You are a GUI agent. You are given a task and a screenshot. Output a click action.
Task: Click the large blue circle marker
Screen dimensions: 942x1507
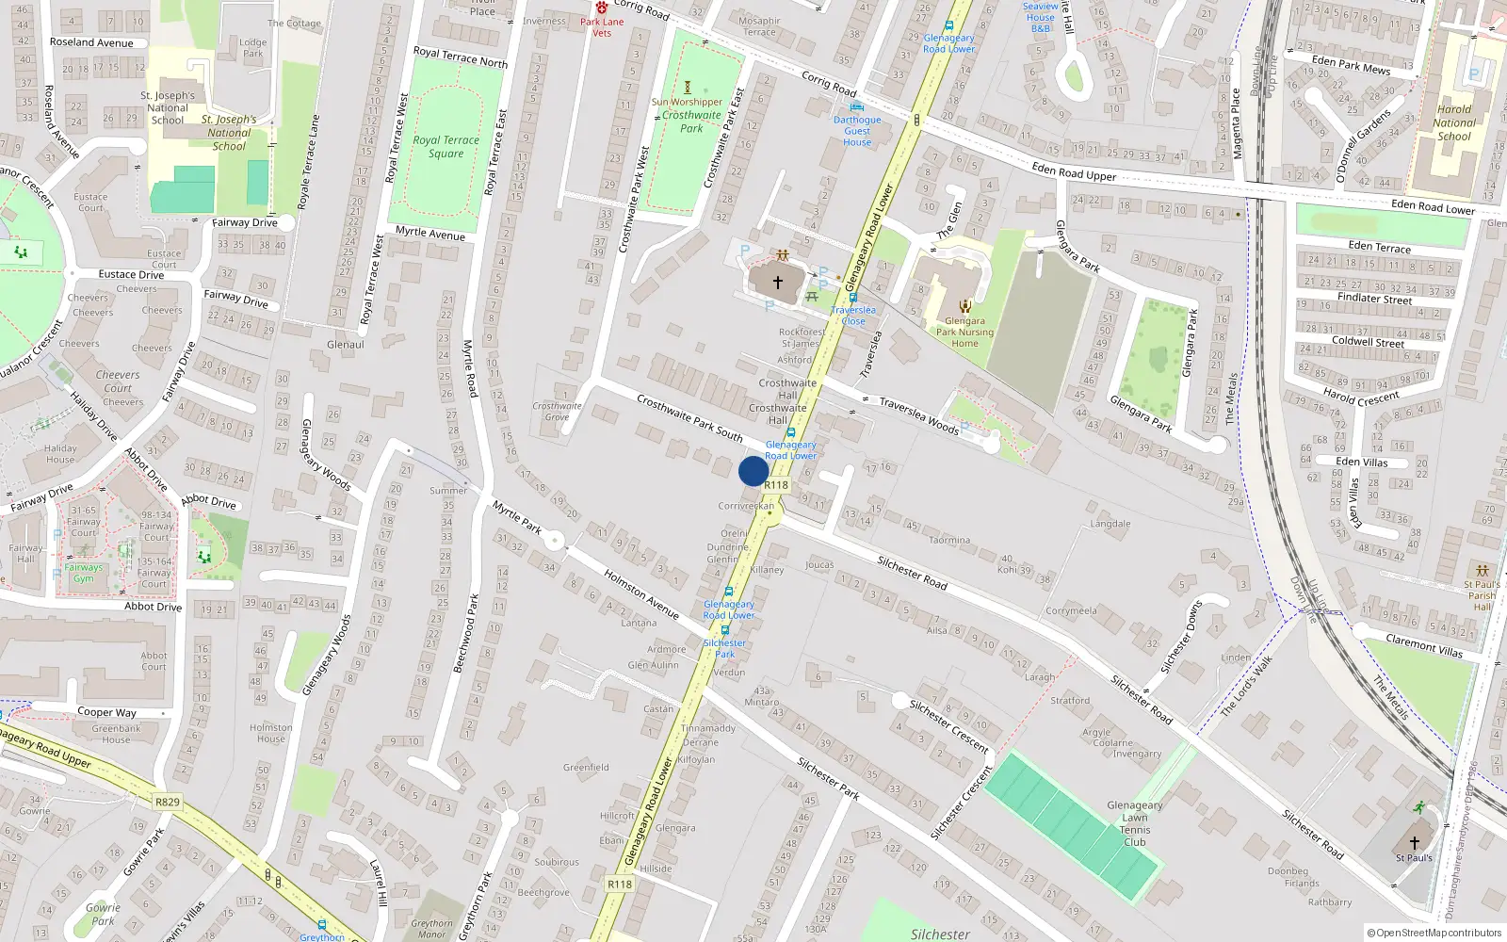point(753,471)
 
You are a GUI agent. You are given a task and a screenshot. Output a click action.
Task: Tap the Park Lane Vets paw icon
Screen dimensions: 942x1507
point(602,8)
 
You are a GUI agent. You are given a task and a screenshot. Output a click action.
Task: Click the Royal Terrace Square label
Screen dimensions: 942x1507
point(446,146)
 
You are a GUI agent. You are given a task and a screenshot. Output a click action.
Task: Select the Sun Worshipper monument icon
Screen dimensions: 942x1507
point(687,88)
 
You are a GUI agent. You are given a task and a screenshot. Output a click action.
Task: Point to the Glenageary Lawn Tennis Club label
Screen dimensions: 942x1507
point(1134,823)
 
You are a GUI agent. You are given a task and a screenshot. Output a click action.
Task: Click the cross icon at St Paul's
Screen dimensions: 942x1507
point(1414,843)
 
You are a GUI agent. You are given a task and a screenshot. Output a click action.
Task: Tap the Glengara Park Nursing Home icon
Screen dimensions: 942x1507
point(964,306)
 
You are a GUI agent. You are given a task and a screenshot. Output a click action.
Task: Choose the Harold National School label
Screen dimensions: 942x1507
point(1453,122)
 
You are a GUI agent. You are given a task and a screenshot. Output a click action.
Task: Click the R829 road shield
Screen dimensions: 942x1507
point(167,802)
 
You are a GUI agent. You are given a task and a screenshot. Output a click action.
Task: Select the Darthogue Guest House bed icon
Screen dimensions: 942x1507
point(856,106)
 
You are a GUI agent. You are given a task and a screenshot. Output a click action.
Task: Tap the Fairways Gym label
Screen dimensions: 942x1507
point(84,573)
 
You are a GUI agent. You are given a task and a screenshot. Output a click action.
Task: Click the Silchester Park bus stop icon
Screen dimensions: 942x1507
point(724,631)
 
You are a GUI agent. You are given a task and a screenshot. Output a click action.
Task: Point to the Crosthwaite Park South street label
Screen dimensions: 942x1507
point(689,417)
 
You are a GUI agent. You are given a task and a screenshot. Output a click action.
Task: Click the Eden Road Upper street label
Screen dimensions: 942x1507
point(1074,171)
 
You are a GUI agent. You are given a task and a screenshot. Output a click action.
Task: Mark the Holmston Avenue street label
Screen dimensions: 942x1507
point(641,594)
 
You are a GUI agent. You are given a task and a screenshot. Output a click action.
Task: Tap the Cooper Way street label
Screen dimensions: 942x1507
point(106,712)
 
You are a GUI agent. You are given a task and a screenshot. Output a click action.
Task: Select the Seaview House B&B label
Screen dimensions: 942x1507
point(1040,17)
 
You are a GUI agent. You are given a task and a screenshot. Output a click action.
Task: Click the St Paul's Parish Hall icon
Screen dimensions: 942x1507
point(1482,571)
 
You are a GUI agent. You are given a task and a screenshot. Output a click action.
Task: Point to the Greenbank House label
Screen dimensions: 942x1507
point(117,734)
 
